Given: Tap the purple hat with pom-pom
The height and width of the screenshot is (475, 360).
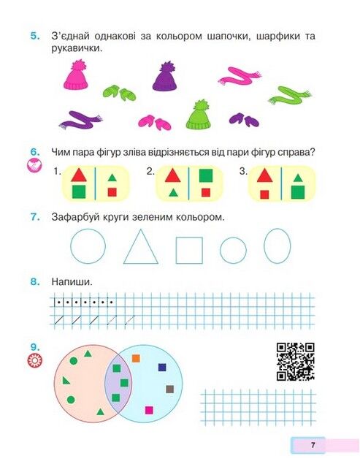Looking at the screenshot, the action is (x=165, y=78).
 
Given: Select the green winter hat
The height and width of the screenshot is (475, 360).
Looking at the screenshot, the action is (x=198, y=117).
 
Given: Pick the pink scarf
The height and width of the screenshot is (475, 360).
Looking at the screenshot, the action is (x=240, y=76).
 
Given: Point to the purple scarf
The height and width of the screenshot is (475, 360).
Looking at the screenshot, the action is (x=80, y=121).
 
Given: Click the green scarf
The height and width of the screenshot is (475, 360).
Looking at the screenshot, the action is (x=289, y=95).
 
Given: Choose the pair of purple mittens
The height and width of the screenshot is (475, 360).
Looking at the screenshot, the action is (x=244, y=120).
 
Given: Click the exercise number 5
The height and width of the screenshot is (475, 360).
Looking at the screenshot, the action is (x=35, y=36).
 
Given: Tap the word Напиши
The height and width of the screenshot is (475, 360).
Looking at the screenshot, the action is (x=72, y=282).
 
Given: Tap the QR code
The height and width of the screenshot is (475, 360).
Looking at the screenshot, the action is (x=296, y=362).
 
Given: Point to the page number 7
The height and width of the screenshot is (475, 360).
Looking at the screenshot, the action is (x=313, y=445).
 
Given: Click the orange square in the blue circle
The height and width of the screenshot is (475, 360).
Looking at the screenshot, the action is (x=136, y=359).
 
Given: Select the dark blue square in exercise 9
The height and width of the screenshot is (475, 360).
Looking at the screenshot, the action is (x=162, y=368).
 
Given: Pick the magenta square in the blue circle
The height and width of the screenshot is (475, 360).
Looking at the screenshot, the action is (x=149, y=410).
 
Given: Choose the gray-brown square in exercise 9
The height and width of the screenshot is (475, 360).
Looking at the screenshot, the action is (x=170, y=389).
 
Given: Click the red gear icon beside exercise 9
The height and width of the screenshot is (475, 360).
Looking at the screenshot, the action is (x=35, y=360).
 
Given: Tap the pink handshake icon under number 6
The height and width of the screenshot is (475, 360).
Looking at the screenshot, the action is (x=34, y=165).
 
